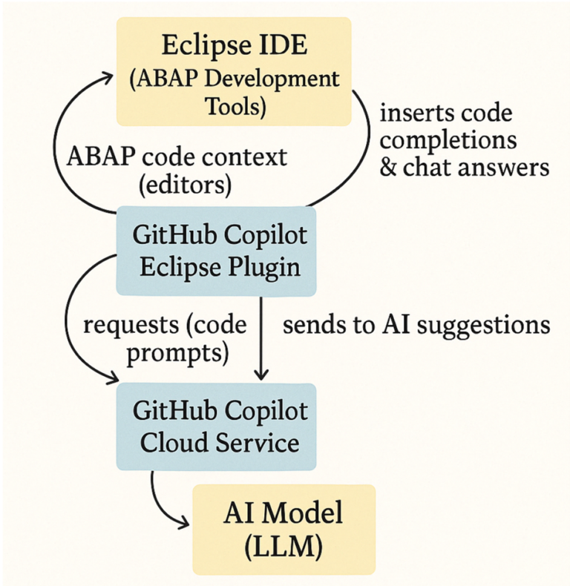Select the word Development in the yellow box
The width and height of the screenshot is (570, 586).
pos(270,79)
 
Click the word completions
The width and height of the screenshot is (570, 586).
pos(448,140)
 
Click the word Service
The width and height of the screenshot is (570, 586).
pos(257,443)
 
